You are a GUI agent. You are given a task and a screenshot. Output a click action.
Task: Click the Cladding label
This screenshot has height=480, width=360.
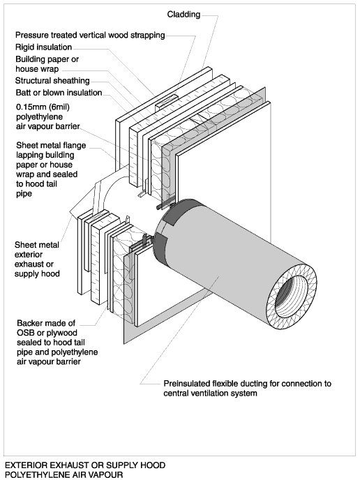(183, 15)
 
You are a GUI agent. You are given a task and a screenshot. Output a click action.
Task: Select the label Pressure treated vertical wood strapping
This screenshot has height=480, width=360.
(90, 35)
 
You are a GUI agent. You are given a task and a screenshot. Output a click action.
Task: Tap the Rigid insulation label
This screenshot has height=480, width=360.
(44, 47)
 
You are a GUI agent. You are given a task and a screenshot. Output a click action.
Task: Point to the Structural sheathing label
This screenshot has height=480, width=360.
(52, 80)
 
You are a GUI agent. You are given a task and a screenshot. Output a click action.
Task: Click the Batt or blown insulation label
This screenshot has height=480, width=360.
(59, 93)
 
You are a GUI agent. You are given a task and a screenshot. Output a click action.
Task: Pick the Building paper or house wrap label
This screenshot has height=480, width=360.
(47, 64)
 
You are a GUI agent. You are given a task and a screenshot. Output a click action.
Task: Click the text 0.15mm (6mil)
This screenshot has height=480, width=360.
(43, 107)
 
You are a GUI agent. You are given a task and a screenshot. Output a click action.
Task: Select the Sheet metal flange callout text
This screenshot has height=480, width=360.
(51, 170)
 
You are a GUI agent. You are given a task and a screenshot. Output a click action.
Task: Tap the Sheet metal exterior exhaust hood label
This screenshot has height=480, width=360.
(37, 259)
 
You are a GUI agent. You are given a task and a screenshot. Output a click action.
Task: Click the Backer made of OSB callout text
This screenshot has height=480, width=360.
(57, 343)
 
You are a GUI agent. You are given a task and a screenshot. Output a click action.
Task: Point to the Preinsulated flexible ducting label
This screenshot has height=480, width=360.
(248, 388)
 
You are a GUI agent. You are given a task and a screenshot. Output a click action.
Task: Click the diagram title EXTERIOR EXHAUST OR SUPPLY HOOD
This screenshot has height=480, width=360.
(85, 465)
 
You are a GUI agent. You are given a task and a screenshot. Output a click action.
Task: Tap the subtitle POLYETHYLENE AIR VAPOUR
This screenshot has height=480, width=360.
(64, 475)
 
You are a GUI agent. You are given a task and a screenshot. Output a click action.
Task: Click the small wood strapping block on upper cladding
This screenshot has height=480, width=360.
(167, 102)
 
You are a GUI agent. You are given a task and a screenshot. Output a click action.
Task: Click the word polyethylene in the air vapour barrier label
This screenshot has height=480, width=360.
(39, 117)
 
